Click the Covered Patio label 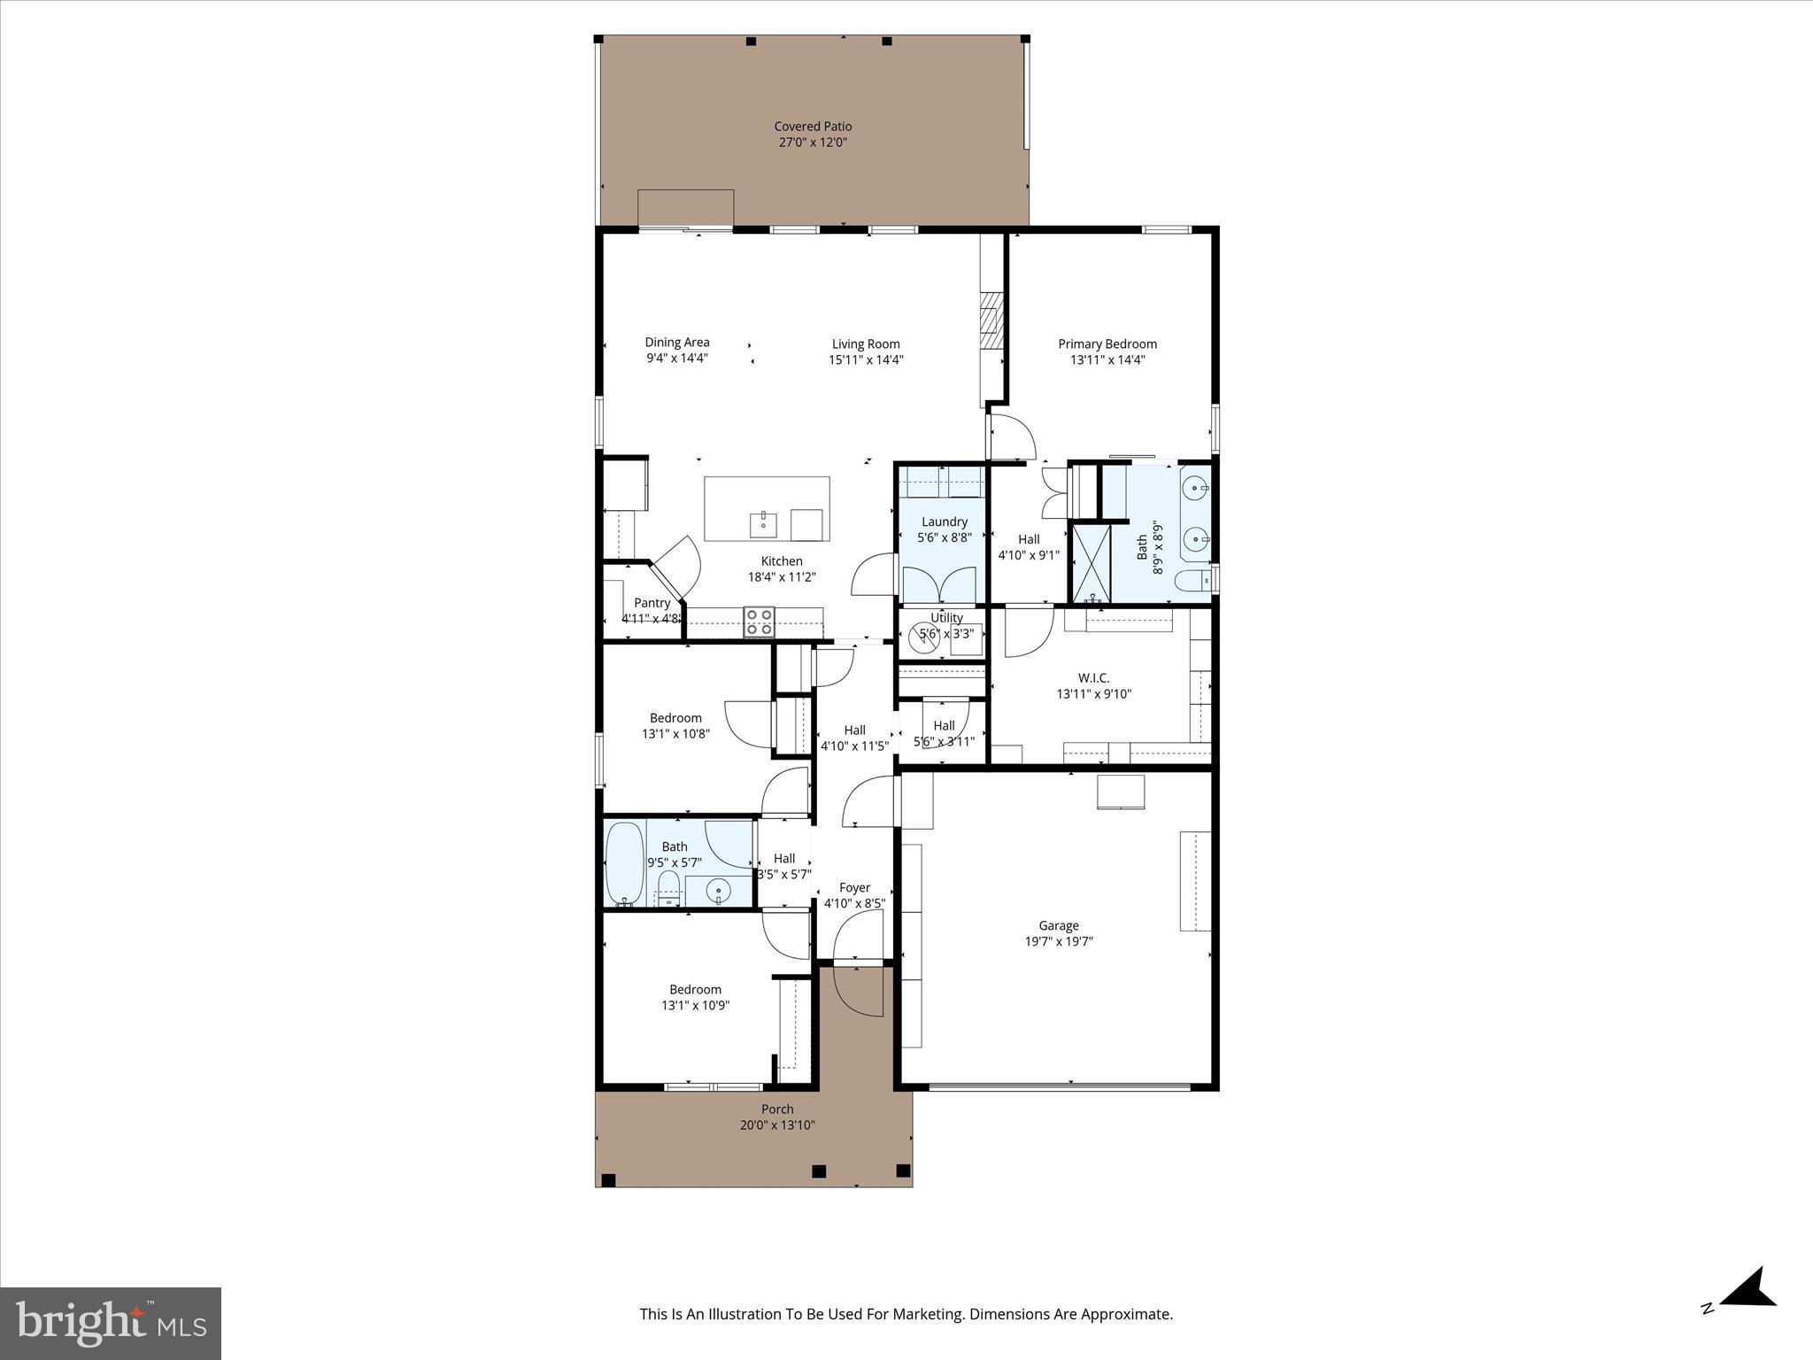tap(812, 127)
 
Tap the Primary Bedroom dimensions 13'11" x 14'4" tap(1107, 360)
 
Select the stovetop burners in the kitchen tap(759, 622)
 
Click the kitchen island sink tap(763, 523)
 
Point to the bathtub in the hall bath tap(624, 862)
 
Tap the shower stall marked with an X tap(1091, 563)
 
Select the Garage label tap(1058, 925)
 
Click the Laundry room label tap(944, 522)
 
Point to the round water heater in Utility tap(923, 636)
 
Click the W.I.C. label tap(1093, 678)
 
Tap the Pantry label tap(652, 603)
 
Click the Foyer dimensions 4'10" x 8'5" tap(854, 904)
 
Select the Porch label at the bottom tap(777, 1109)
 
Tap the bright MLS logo tap(111, 1323)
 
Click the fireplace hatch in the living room tap(989, 327)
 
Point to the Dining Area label tap(676, 343)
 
